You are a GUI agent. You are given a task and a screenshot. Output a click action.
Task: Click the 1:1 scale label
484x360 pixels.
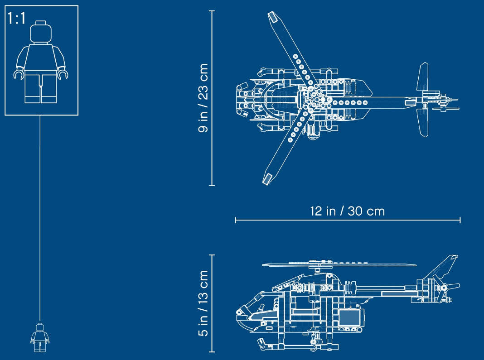pos(17,18)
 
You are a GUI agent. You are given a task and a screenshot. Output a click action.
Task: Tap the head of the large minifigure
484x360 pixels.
pos(41,32)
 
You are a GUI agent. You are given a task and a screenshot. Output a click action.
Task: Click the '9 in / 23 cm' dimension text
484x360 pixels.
pos(203,98)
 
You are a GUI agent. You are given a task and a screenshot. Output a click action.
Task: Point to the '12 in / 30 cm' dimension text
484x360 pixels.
pos(348,211)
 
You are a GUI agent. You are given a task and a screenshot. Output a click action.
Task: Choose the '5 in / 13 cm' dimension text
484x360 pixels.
pos(203,303)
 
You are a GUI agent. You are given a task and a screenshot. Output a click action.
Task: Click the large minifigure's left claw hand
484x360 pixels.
pos(19,74)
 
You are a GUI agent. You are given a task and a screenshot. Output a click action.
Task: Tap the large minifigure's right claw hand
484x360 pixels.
pos(63,74)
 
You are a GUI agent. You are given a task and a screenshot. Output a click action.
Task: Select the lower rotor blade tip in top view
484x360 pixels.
pos(267,178)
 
